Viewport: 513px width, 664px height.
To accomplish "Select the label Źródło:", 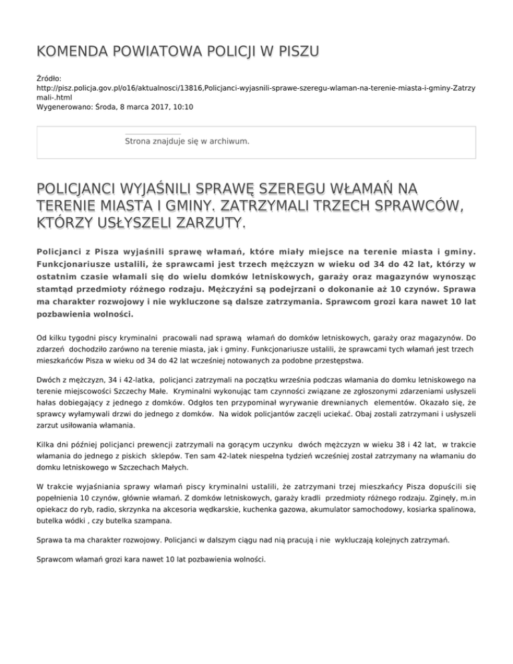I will (50, 78).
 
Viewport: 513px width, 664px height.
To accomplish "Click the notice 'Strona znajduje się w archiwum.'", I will (187, 142).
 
